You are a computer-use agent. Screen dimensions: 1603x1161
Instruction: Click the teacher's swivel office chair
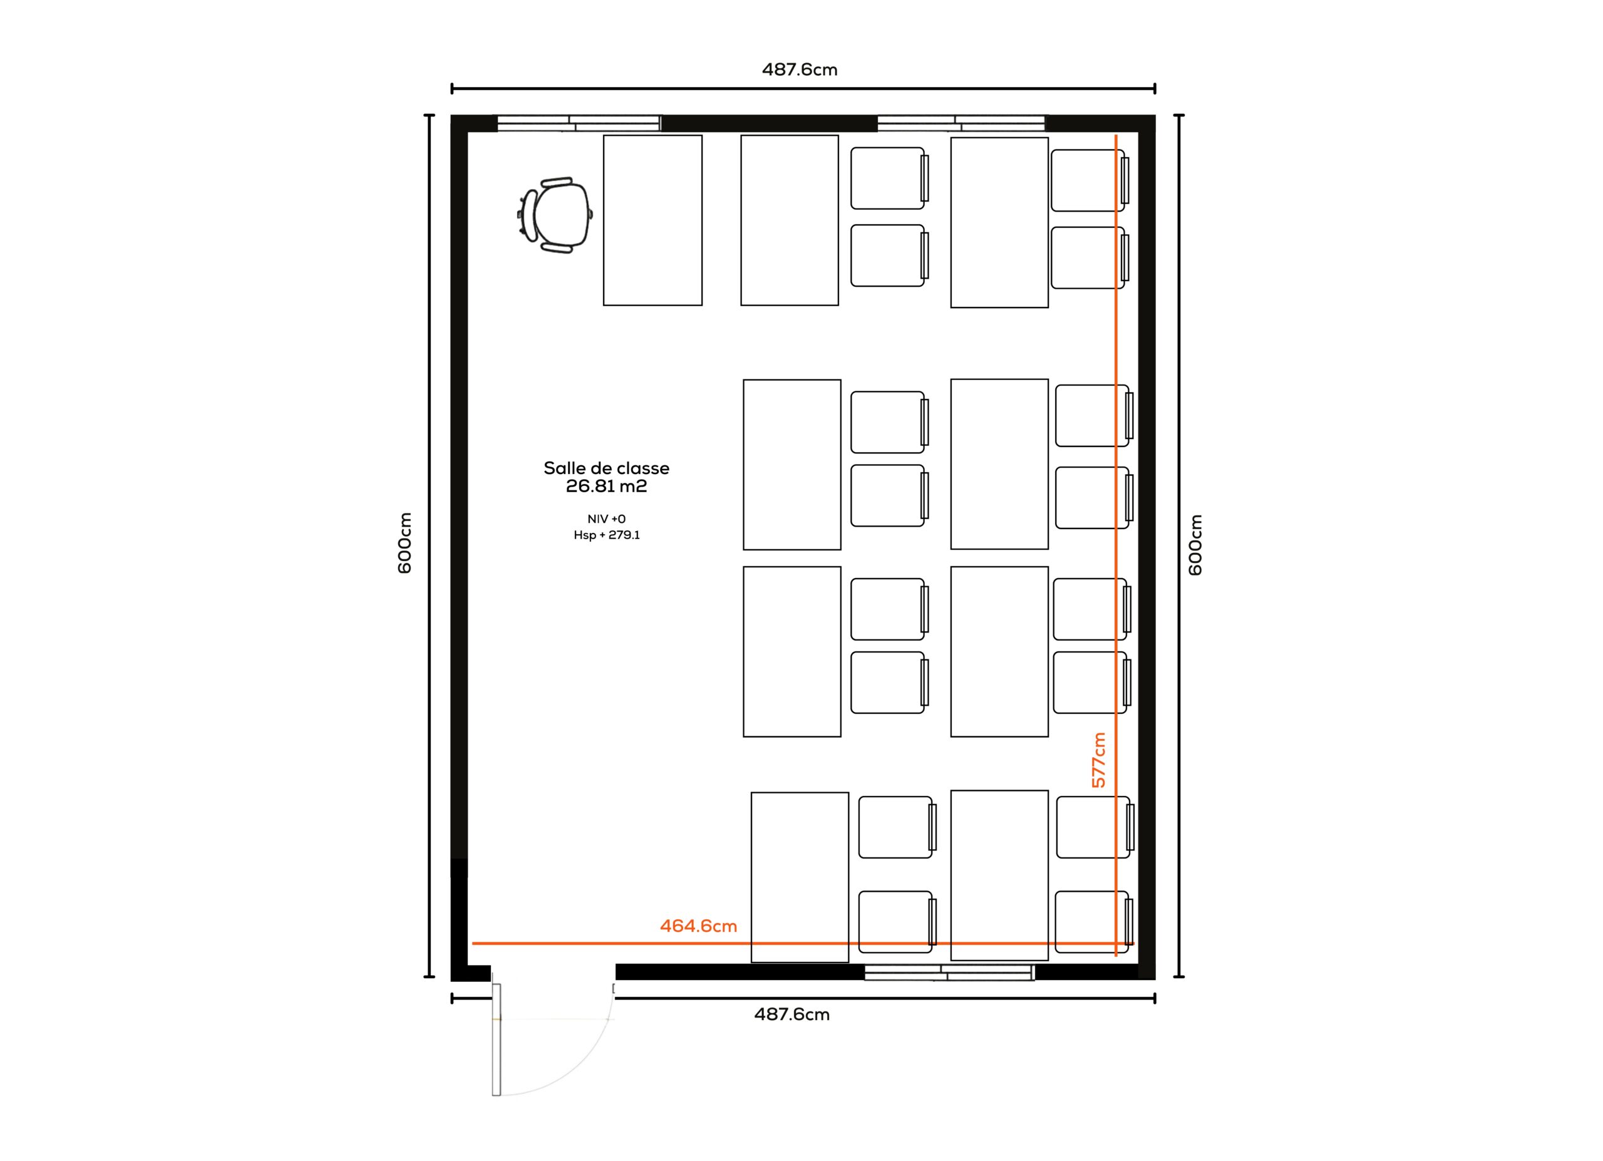coord(555,215)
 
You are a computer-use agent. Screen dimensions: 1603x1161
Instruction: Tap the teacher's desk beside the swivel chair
coord(652,220)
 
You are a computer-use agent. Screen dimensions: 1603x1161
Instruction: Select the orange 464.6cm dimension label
coord(698,926)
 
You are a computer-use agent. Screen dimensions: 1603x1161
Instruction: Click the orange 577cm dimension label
coord(1098,760)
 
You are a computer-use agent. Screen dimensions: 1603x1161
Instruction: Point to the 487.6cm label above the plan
coord(800,70)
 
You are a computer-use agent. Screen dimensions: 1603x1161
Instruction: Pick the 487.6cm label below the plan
coord(791,1014)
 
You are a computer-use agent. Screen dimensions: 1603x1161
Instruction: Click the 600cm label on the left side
coord(405,543)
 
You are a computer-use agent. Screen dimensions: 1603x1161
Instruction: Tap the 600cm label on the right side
coord(1195,545)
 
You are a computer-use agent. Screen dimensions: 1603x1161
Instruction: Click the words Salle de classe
coord(606,468)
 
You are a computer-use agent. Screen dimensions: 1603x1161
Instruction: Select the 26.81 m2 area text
coord(606,486)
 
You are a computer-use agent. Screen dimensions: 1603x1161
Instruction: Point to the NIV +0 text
coord(606,519)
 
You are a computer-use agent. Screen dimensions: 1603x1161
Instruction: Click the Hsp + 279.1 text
coord(606,535)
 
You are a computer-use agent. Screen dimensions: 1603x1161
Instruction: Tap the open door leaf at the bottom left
coord(496,1040)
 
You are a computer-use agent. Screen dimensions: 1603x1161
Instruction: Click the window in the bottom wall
coord(949,973)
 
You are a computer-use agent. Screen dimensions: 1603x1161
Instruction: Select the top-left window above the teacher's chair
coord(579,123)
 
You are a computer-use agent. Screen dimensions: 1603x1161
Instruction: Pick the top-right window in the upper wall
coord(961,123)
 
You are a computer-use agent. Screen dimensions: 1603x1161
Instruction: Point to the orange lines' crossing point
coord(1116,943)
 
